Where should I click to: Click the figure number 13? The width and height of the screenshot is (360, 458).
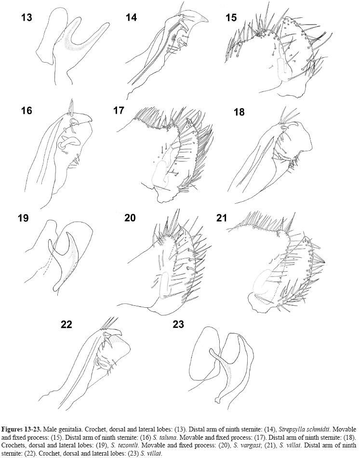click(x=27, y=17)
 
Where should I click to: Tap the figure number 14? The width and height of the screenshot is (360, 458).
click(x=132, y=17)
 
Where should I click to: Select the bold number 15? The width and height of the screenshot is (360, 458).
click(x=231, y=17)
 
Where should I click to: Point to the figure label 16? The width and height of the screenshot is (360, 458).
click(x=27, y=111)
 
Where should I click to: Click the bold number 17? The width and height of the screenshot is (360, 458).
click(x=119, y=111)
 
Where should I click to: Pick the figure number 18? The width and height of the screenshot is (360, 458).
click(x=239, y=112)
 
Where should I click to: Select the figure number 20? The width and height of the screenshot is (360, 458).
click(x=130, y=218)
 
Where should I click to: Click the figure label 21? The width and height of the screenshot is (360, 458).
click(x=222, y=218)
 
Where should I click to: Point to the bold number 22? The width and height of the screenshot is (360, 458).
click(x=67, y=325)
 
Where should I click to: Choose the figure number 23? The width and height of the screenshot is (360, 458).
click(x=178, y=325)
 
